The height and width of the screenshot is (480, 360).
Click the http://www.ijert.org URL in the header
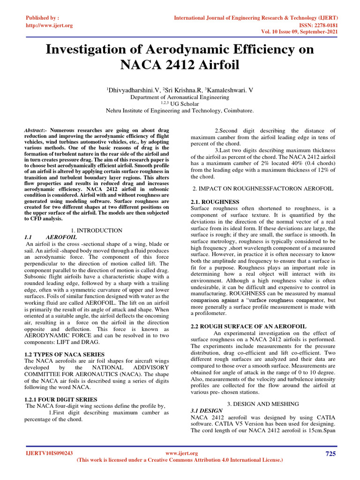(49, 25)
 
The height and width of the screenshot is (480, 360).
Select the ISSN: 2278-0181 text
(318, 25)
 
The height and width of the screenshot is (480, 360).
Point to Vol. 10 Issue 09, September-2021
(300, 32)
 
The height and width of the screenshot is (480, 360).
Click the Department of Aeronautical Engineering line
(180, 97)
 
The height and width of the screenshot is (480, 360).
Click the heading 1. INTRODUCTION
(97, 230)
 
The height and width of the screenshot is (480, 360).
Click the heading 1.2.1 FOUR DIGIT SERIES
(60, 399)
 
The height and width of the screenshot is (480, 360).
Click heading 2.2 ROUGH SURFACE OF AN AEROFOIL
(248, 326)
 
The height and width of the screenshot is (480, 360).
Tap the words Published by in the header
(42, 18)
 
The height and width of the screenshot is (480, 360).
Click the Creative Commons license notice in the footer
(180, 460)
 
